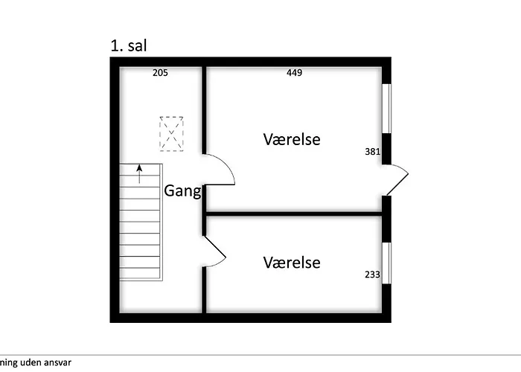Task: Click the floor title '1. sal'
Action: click(x=128, y=46)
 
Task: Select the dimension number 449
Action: click(x=294, y=73)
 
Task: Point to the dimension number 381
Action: click(x=373, y=152)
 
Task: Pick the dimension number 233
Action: click(x=373, y=275)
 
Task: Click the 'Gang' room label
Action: click(x=182, y=192)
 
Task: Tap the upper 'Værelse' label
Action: click(x=292, y=139)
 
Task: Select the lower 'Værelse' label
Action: click(x=292, y=263)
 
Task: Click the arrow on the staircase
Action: click(x=140, y=175)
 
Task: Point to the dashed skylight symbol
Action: click(x=172, y=133)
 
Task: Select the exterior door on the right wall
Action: click(x=397, y=179)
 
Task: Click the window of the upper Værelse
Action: click(x=387, y=109)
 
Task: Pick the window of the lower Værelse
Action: click(x=387, y=263)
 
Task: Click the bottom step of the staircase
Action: click(x=140, y=273)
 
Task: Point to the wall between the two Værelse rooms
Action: click(x=293, y=214)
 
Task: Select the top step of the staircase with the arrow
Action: click(x=140, y=170)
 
